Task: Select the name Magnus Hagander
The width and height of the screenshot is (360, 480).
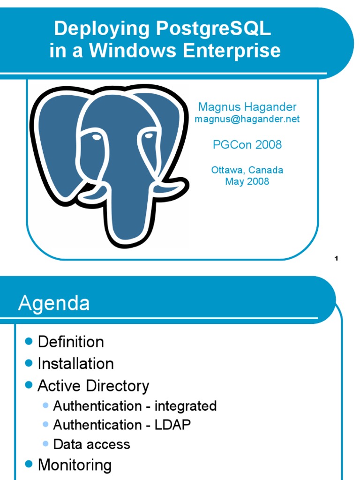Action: click(247, 107)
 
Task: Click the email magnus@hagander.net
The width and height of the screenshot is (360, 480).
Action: click(247, 119)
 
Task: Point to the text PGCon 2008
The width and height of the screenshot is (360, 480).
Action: click(247, 145)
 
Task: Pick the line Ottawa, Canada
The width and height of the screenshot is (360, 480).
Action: click(247, 170)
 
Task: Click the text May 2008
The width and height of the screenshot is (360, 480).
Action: click(247, 181)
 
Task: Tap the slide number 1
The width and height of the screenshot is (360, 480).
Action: click(337, 258)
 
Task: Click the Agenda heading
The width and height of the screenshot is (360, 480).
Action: click(54, 304)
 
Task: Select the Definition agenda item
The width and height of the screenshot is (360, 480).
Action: click(71, 342)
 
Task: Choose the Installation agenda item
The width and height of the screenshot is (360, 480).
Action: click(75, 364)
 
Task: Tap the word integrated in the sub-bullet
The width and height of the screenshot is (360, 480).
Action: click(186, 406)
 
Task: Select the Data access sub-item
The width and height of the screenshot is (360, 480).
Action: click(91, 444)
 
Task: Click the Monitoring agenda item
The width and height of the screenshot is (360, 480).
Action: click(75, 465)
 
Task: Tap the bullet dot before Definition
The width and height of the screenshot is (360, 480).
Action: click(29, 341)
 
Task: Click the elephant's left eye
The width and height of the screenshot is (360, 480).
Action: click(96, 137)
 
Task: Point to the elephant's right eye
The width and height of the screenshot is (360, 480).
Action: click(149, 136)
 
